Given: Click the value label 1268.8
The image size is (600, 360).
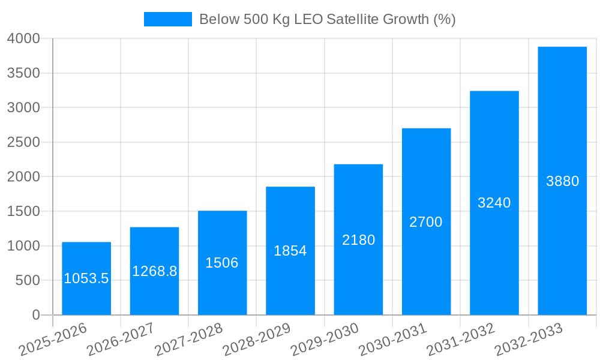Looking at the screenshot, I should click(x=155, y=271).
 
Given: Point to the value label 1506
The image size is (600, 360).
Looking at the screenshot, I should click(x=222, y=263).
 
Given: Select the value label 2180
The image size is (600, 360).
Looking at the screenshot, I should click(x=358, y=240).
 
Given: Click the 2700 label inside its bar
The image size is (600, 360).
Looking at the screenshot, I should click(x=426, y=222).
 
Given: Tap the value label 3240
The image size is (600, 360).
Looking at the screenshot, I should click(x=494, y=203).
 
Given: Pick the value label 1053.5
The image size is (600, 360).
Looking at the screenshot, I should click(x=86, y=278).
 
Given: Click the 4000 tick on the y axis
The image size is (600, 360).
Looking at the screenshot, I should click(x=23, y=38).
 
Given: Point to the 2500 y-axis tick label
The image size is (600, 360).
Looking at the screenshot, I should click(x=23, y=142).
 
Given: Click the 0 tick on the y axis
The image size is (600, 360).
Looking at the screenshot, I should click(x=35, y=315).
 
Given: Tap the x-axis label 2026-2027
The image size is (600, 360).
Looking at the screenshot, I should click(x=121, y=340).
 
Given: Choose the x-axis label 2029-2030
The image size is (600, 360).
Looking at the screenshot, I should click(x=325, y=340).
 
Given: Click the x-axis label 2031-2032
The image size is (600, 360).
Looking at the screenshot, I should click(x=461, y=340).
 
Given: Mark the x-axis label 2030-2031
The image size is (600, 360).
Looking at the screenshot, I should click(x=392, y=340).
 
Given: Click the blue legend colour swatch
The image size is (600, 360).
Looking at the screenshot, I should click(x=167, y=19).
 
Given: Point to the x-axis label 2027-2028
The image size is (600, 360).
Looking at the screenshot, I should click(x=188, y=340).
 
